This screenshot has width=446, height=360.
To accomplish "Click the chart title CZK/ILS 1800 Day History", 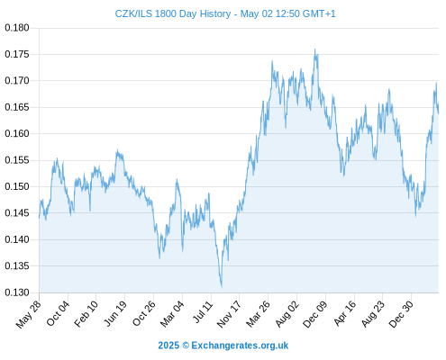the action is (173, 13).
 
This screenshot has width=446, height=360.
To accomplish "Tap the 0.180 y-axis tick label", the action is (17, 28).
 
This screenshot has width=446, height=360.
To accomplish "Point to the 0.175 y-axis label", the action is (17, 54).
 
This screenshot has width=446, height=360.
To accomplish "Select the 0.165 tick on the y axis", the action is (17, 107).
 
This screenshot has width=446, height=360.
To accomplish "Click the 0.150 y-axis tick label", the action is (17, 186).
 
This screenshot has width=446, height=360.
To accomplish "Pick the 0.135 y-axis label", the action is (17, 266).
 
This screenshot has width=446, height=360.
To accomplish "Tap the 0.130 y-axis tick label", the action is (17, 292).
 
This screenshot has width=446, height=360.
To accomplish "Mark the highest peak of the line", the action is (314, 49).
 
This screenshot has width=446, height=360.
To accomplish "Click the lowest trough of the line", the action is (222, 287).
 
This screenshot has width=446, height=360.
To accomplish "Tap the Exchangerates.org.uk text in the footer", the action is (240, 346).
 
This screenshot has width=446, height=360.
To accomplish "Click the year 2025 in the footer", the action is (168, 346).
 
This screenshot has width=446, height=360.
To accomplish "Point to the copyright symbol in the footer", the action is (186, 346).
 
